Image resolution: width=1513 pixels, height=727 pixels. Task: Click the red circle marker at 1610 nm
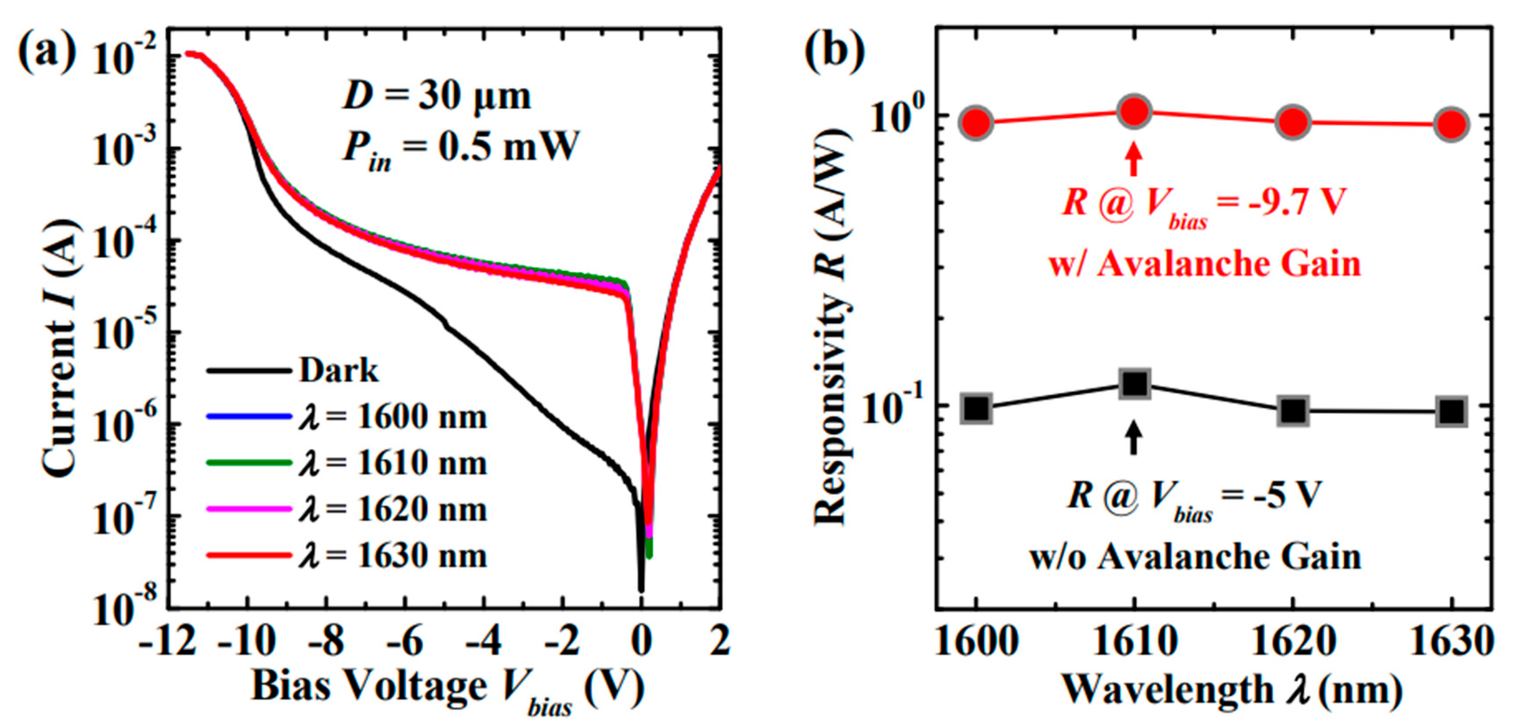pos(1134,112)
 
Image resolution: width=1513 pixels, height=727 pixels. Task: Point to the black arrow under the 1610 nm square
pos(1134,438)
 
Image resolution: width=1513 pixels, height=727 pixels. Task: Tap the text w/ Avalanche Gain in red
pos(1205,264)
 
